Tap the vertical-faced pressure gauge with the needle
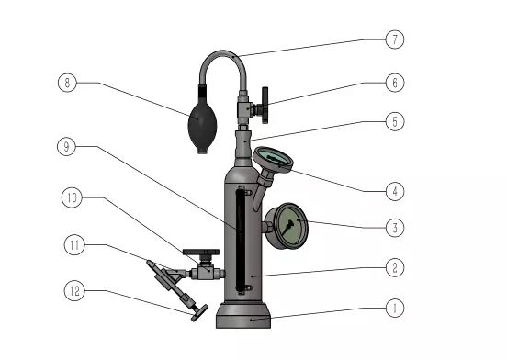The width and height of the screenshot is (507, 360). tap(287, 226)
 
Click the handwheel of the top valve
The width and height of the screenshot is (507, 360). tap(265, 105)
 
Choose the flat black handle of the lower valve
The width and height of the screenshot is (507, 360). tap(201, 252)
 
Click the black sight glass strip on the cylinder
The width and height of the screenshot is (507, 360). tap(241, 241)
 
